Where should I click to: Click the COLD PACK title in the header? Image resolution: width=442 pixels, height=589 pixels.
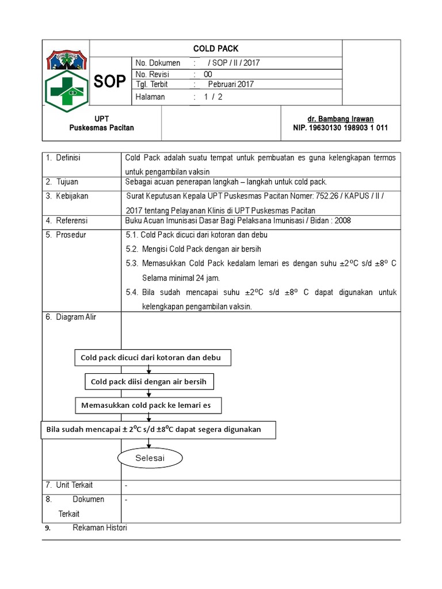[216, 49]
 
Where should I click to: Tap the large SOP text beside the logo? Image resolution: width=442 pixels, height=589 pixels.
[109, 82]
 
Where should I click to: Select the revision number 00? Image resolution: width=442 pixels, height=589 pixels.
[208, 74]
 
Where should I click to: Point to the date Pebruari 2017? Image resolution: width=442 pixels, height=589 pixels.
[230, 85]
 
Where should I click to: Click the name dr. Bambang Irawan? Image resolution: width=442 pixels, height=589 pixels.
[341, 119]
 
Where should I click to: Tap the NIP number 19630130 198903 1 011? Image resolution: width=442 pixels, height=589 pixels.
[341, 128]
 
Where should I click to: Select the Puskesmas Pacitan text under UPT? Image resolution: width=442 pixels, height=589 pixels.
[101, 128]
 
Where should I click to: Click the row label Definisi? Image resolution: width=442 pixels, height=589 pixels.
[68, 158]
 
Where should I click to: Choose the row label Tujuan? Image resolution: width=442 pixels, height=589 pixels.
[67, 182]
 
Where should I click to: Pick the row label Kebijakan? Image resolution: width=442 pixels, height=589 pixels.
[72, 196]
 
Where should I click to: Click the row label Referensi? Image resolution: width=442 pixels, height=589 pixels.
[71, 220]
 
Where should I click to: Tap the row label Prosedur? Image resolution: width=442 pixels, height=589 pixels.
[71, 235]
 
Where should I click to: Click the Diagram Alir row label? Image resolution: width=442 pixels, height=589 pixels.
[76, 317]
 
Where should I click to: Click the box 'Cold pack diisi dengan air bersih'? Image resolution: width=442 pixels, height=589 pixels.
[149, 381]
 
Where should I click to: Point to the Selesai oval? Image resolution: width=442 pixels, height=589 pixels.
[150, 458]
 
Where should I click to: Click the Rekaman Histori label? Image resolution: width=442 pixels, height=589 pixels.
[100, 528]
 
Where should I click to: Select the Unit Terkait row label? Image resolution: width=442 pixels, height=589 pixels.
[74, 485]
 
